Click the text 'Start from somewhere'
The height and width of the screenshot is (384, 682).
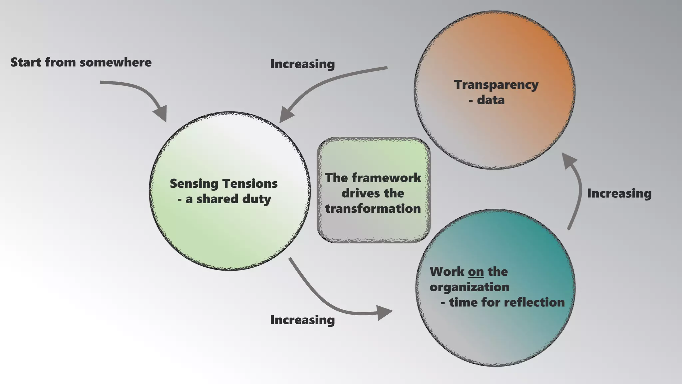click(x=81, y=62)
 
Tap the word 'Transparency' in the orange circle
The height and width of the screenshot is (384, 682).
click(x=496, y=85)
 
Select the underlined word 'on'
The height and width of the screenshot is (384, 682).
click(x=476, y=272)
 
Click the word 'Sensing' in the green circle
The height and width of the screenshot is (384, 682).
click(x=194, y=184)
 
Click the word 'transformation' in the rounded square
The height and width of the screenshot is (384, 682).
click(x=373, y=209)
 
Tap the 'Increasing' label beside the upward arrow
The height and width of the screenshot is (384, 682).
click(x=619, y=193)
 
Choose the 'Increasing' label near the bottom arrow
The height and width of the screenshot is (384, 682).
click(x=302, y=320)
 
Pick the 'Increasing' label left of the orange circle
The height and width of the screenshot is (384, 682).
click(x=302, y=64)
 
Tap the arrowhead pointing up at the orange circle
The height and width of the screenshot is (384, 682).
click(x=569, y=159)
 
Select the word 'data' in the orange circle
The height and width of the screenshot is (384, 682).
click(x=491, y=100)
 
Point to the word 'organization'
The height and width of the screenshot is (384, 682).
click(x=469, y=287)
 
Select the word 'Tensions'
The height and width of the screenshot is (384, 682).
click(x=250, y=184)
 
